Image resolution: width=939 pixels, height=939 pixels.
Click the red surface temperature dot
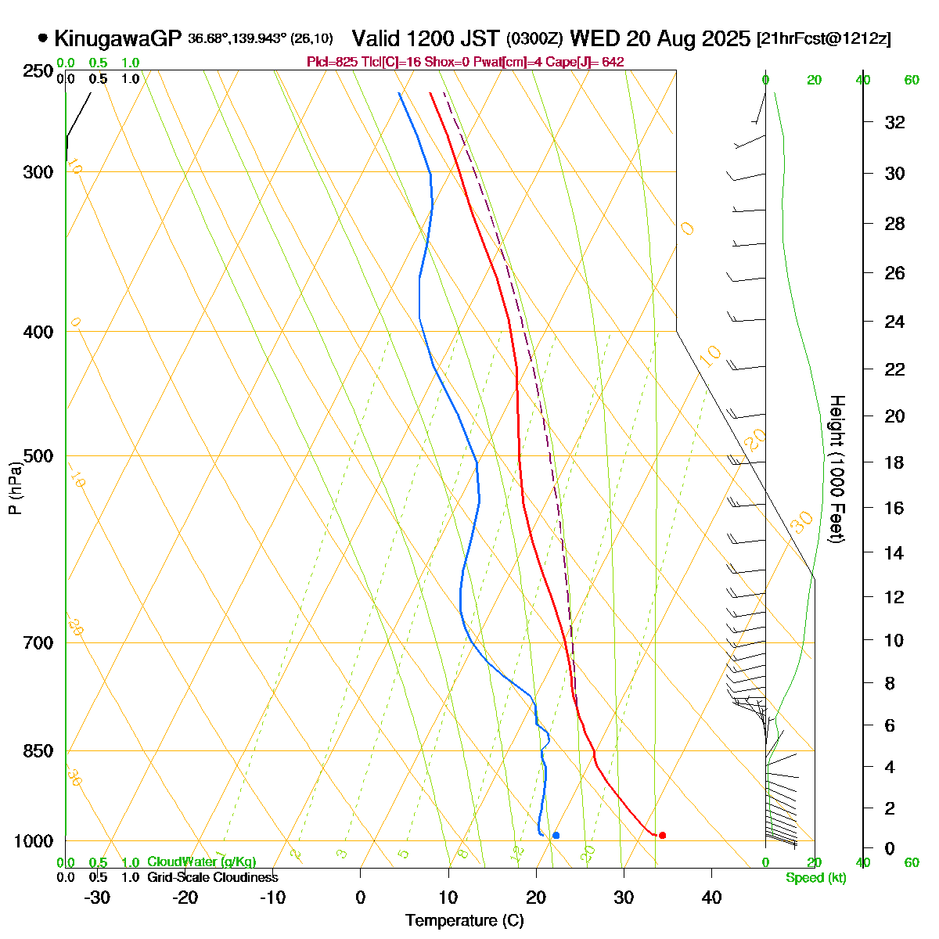tap(662, 835)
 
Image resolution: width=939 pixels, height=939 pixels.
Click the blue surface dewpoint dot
tap(556, 835)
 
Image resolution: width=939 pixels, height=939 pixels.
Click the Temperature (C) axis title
tap(465, 921)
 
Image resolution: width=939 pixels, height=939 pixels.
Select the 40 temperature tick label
tap(711, 898)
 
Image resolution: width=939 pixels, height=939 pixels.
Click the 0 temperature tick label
tap(360, 898)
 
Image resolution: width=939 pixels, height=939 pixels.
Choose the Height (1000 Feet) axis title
tap(836, 469)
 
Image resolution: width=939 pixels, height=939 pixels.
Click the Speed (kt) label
tap(816, 878)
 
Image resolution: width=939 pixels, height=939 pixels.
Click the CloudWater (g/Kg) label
tap(201, 862)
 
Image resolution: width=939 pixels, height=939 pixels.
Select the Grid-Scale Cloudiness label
tap(212, 878)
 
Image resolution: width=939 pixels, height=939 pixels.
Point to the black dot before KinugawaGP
tap(42, 38)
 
